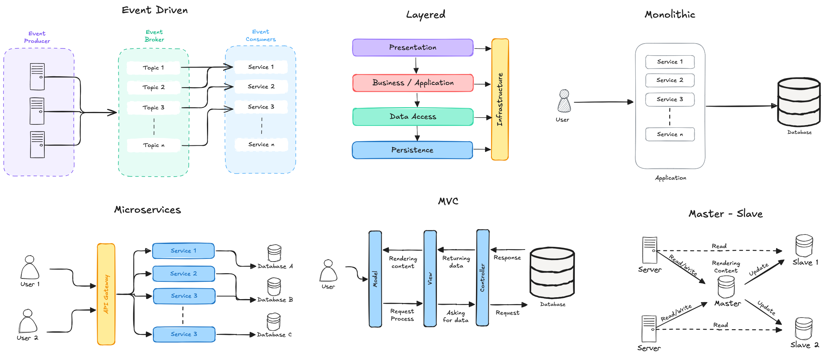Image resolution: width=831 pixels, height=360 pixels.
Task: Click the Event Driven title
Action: [x=155, y=10]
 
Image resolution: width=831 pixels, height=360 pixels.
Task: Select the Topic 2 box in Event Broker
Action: [x=154, y=87]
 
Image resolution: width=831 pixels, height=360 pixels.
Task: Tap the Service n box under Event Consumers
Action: [x=261, y=144]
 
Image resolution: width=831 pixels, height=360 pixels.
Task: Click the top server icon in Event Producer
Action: [x=37, y=77]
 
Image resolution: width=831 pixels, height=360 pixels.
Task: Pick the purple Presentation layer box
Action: [x=412, y=48]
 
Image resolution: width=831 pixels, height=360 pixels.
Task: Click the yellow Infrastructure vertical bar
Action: [x=500, y=100]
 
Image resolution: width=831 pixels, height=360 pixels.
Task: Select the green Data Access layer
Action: [x=412, y=117]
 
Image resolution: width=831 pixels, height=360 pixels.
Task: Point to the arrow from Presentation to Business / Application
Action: [x=416, y=65]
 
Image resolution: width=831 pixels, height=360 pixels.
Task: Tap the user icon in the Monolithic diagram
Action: [x=564, y=101]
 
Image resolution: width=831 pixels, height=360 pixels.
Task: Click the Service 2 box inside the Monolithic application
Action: [x=670, y=80]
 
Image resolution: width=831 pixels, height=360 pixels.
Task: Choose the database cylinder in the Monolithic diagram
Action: [x=799, y=102]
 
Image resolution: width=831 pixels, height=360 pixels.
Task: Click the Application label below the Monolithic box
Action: [x=671, y=178]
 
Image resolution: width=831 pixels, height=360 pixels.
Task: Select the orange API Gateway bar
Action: [x=106, y=294]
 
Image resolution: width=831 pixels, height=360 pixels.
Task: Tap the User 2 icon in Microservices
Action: [x=28, y=321]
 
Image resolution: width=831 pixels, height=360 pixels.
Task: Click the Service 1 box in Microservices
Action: [x=183, y=251]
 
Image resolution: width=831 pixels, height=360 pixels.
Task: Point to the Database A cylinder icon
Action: [x=274, y=253]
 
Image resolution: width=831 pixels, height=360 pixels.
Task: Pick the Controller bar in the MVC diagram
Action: [x=483, y=278]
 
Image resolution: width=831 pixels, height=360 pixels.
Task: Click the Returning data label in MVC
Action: [x=456, y=262]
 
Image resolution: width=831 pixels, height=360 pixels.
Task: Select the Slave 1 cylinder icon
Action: [x=804, y=246]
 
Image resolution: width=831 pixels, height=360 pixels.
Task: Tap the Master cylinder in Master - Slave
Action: [x=726, y=287]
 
